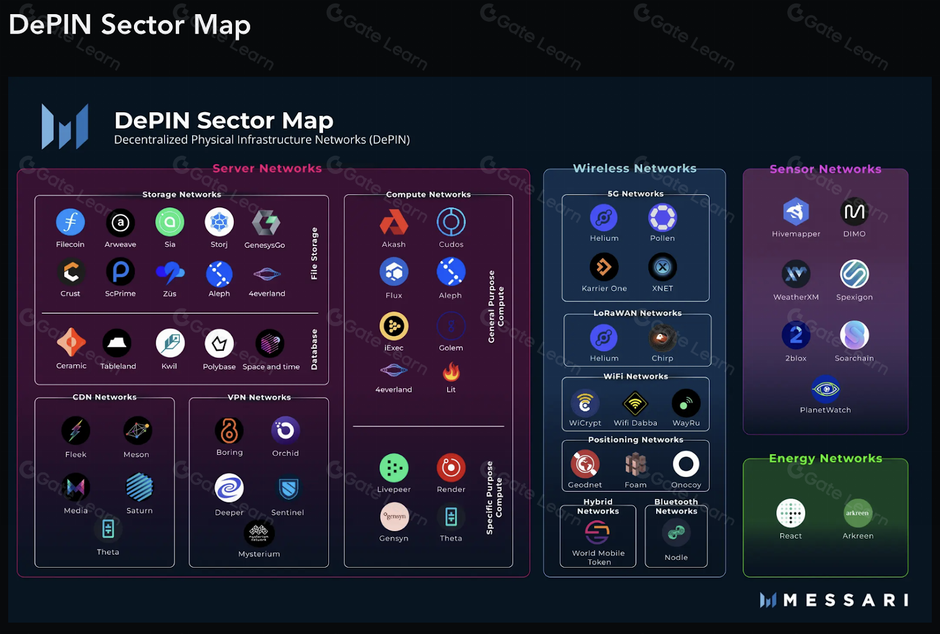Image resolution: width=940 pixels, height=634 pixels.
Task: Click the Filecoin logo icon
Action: click(x=70, y=223)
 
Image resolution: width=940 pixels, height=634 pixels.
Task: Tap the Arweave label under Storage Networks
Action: click(x=120, y=244)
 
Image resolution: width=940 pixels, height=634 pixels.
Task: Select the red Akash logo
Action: click(x=394, y=223)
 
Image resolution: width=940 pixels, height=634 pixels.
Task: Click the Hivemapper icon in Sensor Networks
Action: click(x=796, y=212)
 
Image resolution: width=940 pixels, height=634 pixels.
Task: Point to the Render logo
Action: click(x=451, y=468)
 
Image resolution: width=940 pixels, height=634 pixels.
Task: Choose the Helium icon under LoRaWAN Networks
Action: click(x=604, y=338)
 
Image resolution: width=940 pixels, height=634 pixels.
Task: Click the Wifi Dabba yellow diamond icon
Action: click(x=635, y=404)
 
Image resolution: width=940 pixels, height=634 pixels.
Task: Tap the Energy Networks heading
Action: click(x=825, y=458)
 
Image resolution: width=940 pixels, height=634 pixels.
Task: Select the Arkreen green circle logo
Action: click(x=858, y=513)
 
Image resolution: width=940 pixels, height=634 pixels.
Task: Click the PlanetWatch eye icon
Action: click(x=825, y=389)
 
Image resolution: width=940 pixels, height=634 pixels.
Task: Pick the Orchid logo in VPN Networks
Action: click(x=286, y=431)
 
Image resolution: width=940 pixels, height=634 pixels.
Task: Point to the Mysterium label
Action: click(x=259, y=554)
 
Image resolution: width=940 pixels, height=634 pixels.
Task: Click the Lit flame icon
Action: click(x=451, y=371)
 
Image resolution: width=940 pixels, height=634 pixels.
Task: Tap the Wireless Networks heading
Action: click(x=634, y=169)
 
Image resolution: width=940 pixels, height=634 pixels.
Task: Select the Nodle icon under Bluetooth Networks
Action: click(x=676, y=533)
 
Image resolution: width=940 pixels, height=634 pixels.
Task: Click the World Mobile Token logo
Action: click(x=597, y=533)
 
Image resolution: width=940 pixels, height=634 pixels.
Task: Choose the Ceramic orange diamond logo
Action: click(x=71, y=343)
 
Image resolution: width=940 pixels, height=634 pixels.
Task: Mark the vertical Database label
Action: click(x=314, y=350)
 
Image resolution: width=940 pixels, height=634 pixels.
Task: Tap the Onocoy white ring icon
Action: click(x=686, y=464)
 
